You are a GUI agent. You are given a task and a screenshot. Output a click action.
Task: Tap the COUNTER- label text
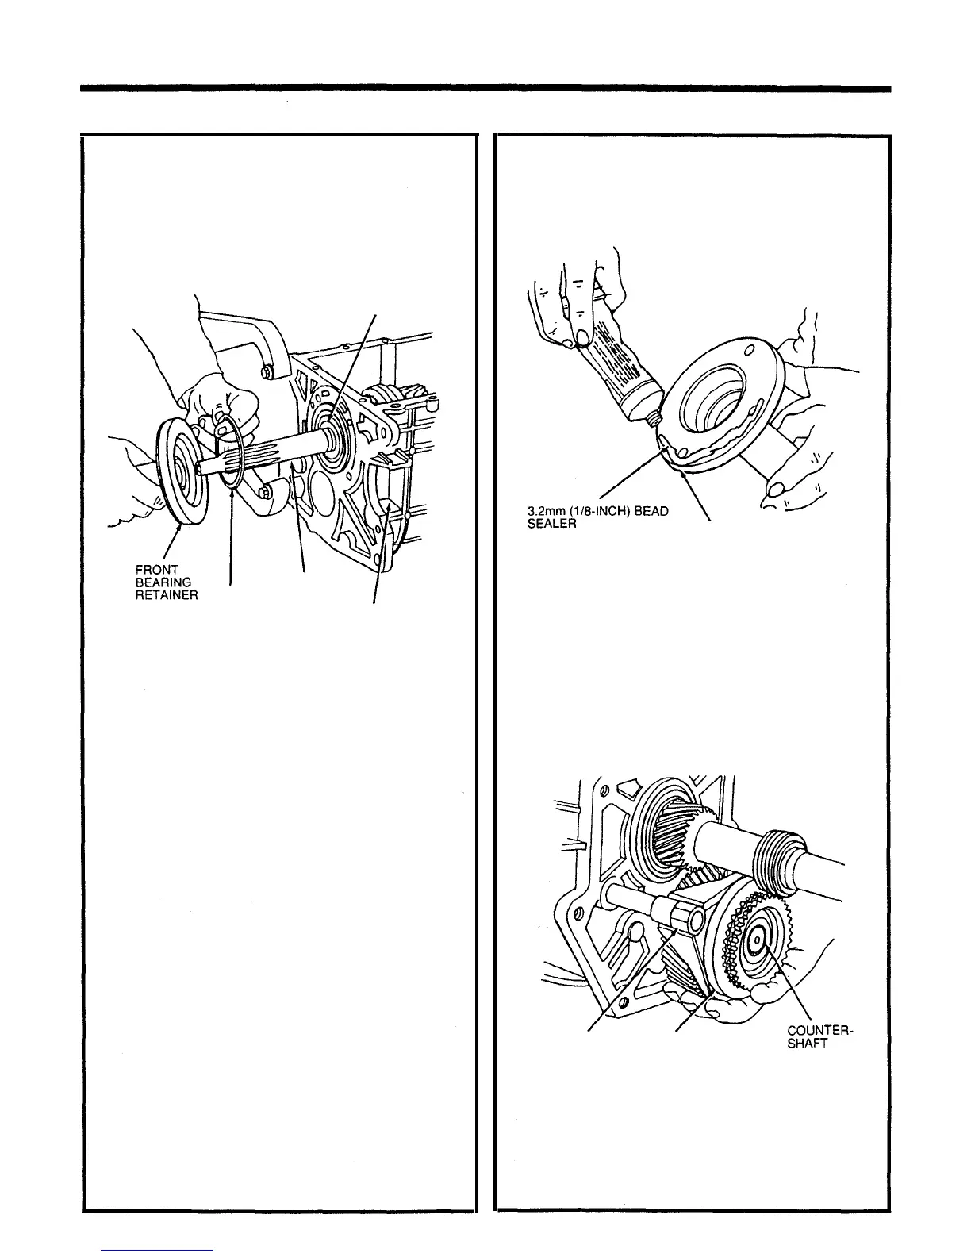(819, 1031)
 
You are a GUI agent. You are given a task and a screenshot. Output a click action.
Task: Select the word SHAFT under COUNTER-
(807, 1044)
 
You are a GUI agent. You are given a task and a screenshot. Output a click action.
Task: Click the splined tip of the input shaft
(208, 465)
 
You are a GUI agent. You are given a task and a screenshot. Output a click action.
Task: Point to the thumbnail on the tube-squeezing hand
(583, 340)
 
